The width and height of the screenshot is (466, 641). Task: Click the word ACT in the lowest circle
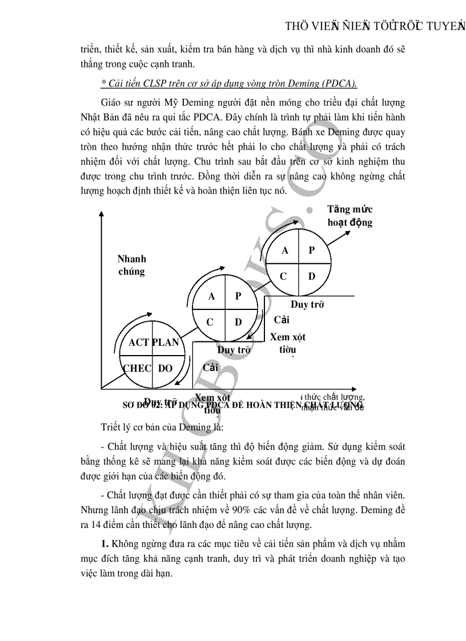139,342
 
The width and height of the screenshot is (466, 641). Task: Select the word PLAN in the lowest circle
165,342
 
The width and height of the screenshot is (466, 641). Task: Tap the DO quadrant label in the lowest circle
165,368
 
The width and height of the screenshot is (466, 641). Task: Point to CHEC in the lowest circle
138,368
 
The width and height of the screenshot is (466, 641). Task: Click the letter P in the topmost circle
312,250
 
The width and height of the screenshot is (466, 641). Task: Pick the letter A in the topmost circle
284,250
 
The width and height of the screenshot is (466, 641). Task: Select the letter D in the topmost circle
312,276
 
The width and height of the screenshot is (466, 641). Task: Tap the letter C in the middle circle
210,322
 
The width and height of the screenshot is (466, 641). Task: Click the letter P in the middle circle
238,296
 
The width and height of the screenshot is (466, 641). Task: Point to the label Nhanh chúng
132,265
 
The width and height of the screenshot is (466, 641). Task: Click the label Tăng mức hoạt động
349,216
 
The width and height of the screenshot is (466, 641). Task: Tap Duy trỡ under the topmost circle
307,304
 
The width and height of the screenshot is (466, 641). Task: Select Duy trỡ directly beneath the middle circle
235,349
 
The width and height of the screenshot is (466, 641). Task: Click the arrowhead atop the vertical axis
101,214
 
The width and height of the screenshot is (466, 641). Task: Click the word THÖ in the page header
298,27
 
